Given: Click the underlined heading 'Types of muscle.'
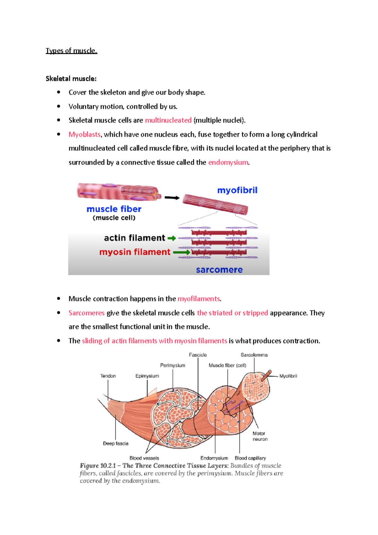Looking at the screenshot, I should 72,51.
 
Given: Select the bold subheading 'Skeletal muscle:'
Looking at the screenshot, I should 71,78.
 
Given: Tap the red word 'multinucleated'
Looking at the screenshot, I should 168,120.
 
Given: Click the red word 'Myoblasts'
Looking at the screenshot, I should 84,135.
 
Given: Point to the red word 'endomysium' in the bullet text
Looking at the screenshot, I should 228,162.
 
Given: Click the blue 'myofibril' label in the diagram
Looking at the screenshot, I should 237,190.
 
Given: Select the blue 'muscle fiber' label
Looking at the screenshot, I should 114,209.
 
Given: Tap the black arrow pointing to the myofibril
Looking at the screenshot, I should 172,198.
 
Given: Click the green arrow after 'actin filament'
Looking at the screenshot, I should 172,238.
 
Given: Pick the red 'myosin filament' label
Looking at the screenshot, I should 135,252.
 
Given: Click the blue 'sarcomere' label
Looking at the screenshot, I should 219,270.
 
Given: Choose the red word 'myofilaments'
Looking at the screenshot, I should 198,299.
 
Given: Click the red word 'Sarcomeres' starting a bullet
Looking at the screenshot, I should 86,313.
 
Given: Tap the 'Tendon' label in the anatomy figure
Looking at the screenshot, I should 108,376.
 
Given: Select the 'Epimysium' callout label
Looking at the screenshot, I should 147,376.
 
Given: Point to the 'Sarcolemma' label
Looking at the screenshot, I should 254,355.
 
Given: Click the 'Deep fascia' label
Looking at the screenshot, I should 116,443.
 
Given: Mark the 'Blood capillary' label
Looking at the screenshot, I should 250,458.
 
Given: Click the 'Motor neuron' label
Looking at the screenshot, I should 260,436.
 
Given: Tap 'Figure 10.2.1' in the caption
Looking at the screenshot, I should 98,466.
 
